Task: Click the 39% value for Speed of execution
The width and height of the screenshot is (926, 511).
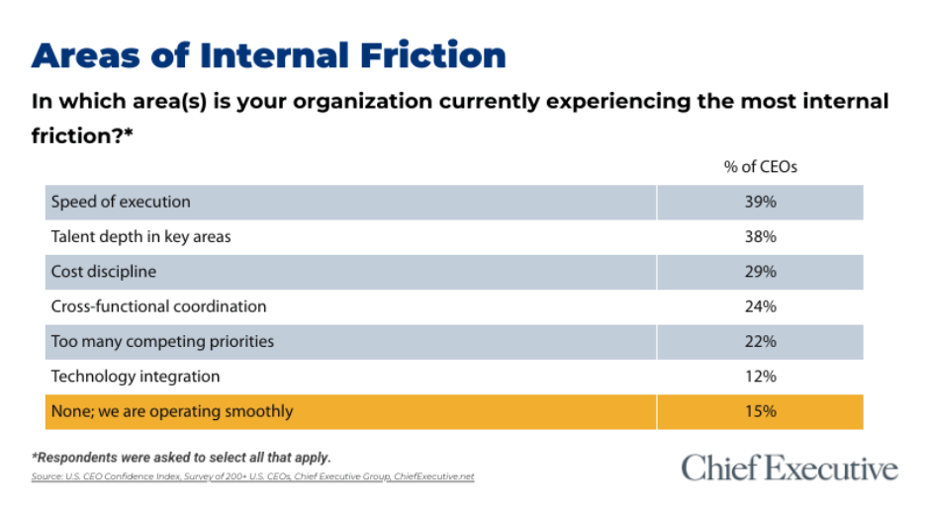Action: [x=760, y=202]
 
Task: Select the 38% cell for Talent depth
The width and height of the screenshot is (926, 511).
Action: [x=760, y=236]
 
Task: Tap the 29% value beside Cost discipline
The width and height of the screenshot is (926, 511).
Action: [x=760, y=272]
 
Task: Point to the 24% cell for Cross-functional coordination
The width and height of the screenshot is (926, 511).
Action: [x=760, y=306]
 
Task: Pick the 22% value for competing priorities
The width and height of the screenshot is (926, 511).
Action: [x=760, y=341]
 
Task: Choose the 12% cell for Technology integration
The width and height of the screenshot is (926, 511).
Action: [x=760, y=376]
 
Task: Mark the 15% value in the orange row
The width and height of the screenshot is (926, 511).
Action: [x=760, y=411]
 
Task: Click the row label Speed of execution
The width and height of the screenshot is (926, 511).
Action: [x=121, y=202]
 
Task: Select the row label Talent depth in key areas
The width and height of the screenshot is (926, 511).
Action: [x=140, y=237]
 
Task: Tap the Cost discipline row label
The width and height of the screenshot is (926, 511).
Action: [x=103, y=272]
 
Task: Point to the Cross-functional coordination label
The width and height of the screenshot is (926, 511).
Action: [x=158, y=306]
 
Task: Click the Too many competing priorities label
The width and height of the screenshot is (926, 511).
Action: [x=162, y=342]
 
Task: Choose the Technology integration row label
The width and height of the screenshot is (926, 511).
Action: [x=136, y=377]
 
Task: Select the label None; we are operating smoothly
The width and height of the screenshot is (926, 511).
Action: [x=172, y=411]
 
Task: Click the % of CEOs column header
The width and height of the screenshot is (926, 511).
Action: [x=761, y=167]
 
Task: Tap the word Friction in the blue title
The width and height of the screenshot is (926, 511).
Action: [x=433, y=55]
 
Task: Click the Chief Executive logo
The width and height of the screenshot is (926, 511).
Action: [x=789, y=468]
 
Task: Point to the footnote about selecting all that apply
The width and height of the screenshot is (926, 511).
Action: [x=181, y=458]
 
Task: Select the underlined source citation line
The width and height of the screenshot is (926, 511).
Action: [x=252, y=476]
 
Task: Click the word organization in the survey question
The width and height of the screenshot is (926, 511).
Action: [x=363, y=102]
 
